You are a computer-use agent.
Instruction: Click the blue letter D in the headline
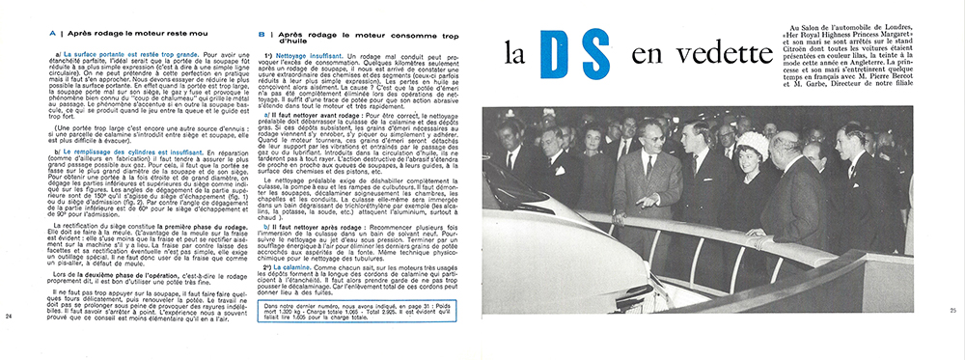(570, 56)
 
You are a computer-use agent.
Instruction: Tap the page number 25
(953, 310)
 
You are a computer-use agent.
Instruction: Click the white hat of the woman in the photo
(753, 144)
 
